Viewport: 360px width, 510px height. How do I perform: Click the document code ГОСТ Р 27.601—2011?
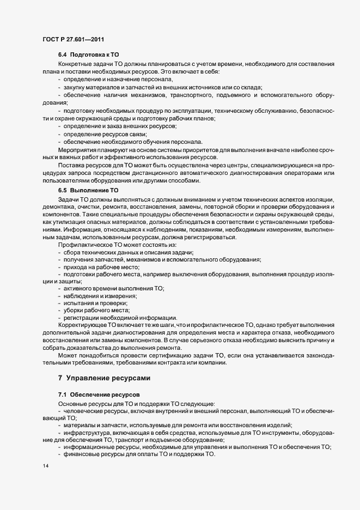point(73,39)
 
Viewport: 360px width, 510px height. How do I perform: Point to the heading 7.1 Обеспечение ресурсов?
point(95,393)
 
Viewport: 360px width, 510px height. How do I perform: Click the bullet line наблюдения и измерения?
point(100,295)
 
